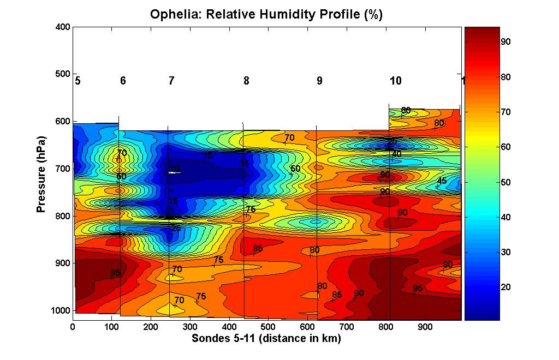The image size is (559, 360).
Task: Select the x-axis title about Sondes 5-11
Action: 266,339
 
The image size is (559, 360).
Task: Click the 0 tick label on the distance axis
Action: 73,327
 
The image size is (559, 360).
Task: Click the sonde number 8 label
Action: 246,81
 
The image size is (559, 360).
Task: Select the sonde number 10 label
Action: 396,81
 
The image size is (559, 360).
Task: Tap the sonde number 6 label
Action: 123,81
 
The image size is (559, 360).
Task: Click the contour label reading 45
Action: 442,181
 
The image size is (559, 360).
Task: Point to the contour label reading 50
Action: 295,169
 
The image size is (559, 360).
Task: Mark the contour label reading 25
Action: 176,229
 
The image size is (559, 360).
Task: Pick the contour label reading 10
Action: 174,168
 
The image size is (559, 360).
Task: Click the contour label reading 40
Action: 396,154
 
